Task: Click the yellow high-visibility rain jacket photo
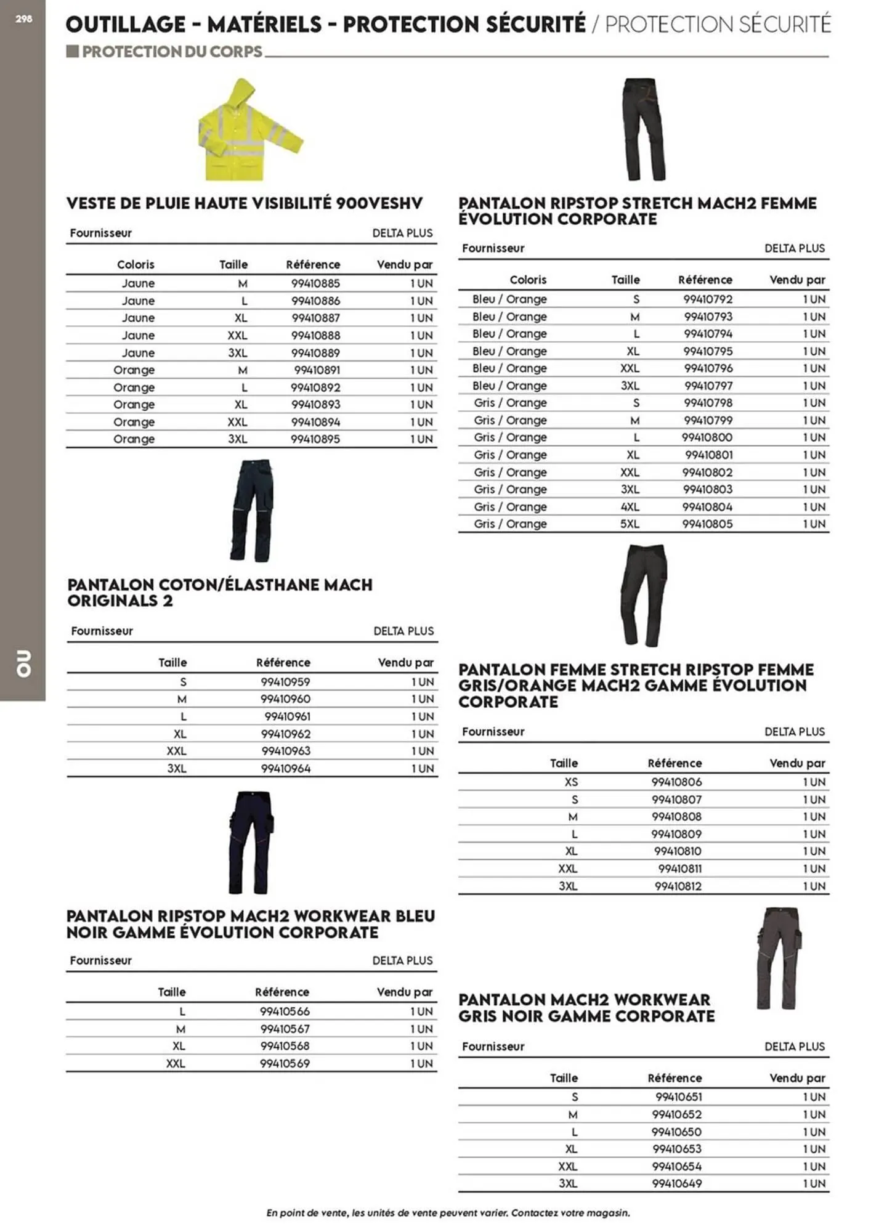pos(249,132)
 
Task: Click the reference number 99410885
pos(315,283)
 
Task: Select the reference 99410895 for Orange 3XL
pos(315,439)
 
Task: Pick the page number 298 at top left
pos(23,19)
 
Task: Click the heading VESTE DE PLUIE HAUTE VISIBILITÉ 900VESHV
pos(245,203)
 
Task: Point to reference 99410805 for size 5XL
pos(707,524)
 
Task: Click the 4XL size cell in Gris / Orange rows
pos(630,507)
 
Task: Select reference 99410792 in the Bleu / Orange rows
pos(707,299)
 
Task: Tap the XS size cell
pos(571,782)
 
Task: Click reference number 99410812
pos(678,886)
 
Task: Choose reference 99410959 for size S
pos(285,682)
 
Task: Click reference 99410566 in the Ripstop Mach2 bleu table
pos(285,1011)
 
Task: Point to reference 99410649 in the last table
pos(677,1183)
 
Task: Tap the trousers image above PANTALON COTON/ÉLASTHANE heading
pos(253,510)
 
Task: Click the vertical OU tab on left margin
pos(23,663)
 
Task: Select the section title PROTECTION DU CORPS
pos(172,52)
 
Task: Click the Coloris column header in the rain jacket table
pos(136,265)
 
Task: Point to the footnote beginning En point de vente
pos(448,1213)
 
